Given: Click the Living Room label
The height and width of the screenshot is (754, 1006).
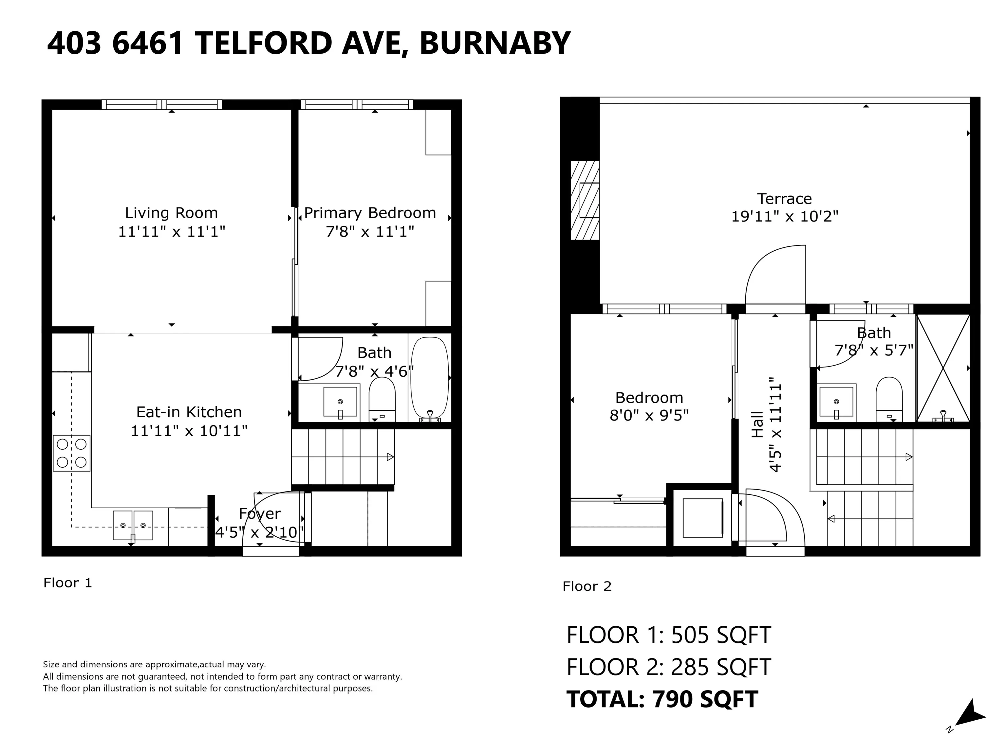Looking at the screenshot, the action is (172, 213).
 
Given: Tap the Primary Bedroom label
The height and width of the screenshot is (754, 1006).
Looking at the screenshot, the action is (370, 213).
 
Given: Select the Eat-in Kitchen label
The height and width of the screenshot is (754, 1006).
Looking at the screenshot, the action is (189, 412).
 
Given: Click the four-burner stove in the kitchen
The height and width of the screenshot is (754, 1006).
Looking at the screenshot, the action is (71, 453).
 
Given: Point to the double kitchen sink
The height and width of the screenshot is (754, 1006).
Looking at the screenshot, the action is (133, 525).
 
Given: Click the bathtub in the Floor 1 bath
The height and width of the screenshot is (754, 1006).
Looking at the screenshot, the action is (430, 378).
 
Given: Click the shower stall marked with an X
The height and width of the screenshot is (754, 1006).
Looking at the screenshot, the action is (943, 368).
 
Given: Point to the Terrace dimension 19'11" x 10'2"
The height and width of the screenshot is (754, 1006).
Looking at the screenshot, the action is (785, 216).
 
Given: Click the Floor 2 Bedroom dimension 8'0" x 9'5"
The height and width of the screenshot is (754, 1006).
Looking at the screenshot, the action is (649, 415).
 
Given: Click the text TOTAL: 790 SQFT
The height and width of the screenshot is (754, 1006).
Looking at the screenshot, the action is (662, 699).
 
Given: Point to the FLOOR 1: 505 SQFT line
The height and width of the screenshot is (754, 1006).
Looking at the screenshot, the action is (669, 635).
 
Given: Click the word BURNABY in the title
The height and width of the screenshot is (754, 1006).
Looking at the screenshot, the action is (494, 43).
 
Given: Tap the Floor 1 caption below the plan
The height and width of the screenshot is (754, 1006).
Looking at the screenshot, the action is (68, 583).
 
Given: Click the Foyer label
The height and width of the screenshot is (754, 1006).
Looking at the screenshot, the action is (260, 513).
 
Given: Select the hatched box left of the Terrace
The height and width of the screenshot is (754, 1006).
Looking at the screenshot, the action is (585, 200).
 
